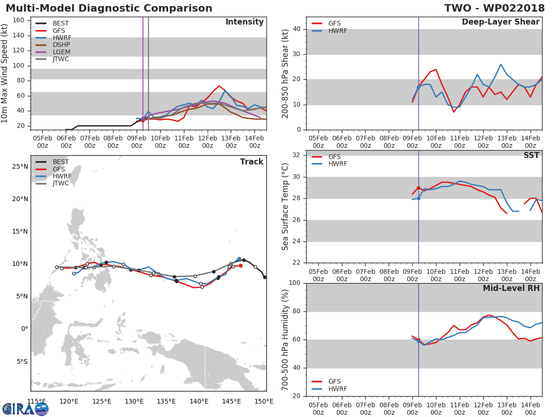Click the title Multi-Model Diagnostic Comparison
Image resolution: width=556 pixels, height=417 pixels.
click(x=109, y=8)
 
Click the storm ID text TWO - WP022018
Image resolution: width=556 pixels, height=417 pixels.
click(x=494, y=8)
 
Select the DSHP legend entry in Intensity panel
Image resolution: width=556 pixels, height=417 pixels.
click(x=53, y=45)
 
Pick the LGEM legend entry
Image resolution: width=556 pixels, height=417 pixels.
click(x=53, y=52)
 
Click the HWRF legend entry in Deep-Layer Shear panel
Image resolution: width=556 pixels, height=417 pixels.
click(x=329, y=31)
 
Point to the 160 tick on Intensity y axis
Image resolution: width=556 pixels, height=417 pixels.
click(x=19, y=20)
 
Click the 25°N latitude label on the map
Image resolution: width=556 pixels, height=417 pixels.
click(x=20, y=167)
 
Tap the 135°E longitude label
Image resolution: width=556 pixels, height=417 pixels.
click(x=166, y=401)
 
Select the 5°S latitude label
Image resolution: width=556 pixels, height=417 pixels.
click(x=22, y=361)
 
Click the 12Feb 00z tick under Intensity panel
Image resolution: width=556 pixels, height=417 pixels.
click(x=208, y=142)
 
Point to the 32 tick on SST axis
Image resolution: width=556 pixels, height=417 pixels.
click(x=297, y=155)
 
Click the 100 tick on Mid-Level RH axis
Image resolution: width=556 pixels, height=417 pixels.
click(x=295, y=283)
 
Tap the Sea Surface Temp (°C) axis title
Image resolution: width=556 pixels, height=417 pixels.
click(x=285, y=207)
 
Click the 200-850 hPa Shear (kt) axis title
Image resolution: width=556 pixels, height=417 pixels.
click(x=285, y=74)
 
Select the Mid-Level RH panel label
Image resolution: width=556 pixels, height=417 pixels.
click(x=511, y=288)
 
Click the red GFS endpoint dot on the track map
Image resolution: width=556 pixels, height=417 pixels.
click(x=240, y=266)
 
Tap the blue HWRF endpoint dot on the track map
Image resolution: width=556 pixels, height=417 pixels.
click(x=239, y=259)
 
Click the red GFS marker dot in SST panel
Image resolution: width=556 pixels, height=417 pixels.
click(x=418, y=188)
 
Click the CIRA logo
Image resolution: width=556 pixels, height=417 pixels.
click(x=25, y=409)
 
